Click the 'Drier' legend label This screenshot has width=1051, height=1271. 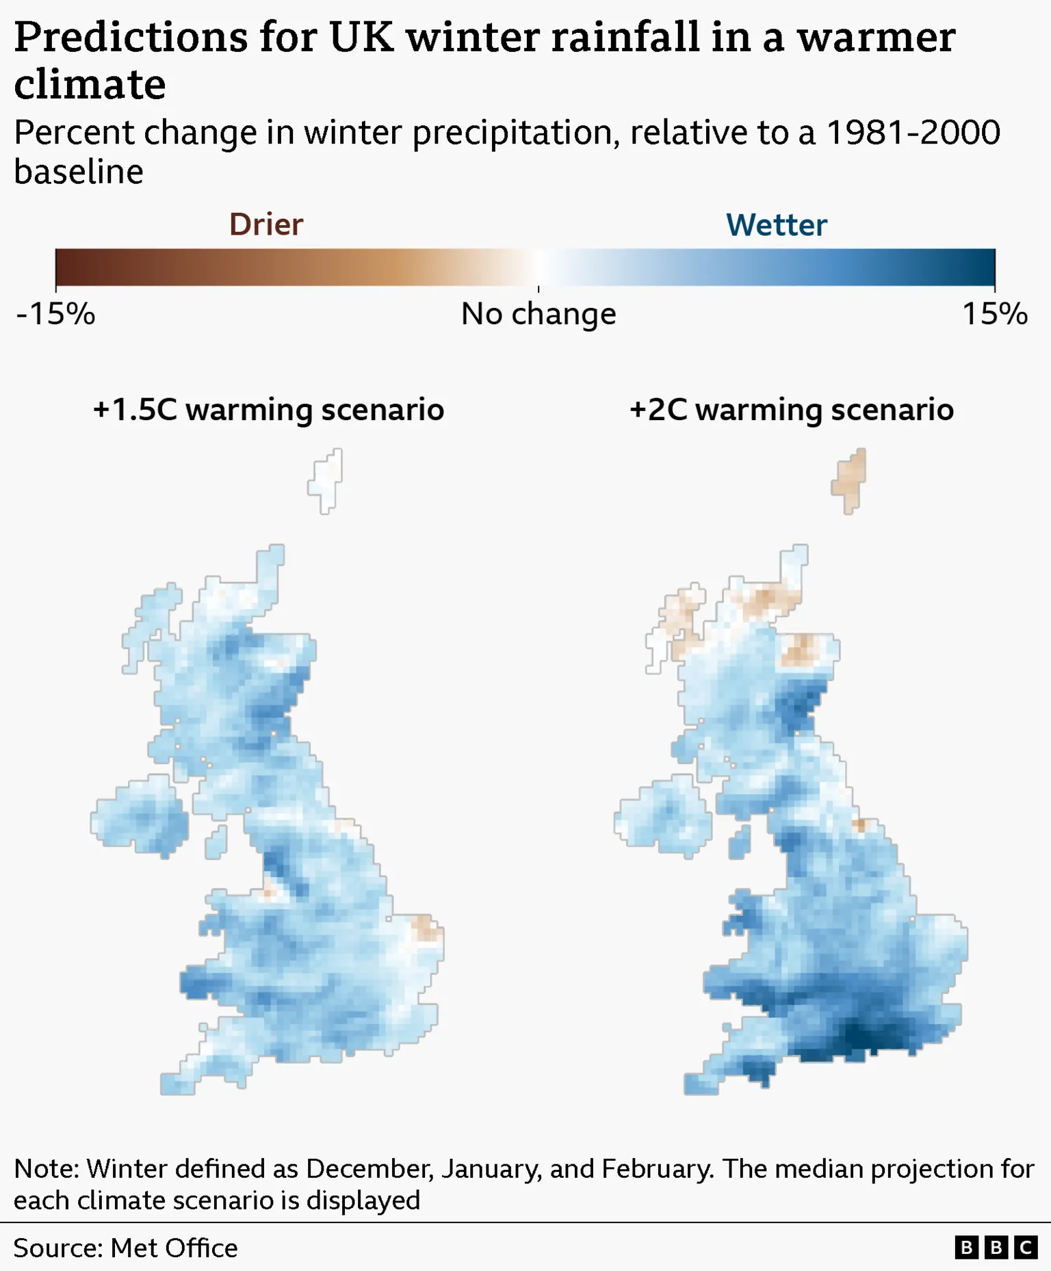(x=265, y=224)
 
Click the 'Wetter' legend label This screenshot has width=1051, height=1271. (x=776, y=225)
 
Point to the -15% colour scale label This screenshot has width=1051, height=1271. (x=55, y=314)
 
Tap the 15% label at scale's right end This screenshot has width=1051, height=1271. (x=994, y=314)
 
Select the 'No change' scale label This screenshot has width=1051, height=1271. (x=539, y=314)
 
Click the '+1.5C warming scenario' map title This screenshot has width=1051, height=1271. (x=268, y=410)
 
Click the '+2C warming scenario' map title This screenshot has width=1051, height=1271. (x=792, y=410)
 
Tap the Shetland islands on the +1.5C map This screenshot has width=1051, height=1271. (x=326, y=481)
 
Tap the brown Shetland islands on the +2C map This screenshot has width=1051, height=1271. (x=850, y=480)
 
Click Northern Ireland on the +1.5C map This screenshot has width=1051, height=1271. (x=141, y=816)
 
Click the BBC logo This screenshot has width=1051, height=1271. (x=996, y=1248)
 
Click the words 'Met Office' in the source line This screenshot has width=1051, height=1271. (x=174, y=1248)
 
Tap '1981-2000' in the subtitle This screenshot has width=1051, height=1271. (x=913, y=132)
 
